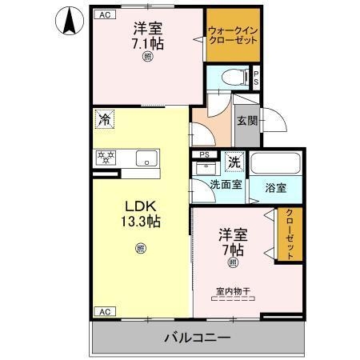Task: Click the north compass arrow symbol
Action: tap(70, 20)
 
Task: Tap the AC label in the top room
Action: tap(104, 14)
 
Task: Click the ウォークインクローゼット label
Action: tap(233, 34)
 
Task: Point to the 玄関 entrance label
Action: tap(246, 121)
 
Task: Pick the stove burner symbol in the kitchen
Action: tap(105, 157)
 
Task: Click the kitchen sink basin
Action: tap(146, 158)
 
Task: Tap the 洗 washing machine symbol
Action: tap(234, 162)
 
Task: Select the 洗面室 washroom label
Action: tap(225, 185)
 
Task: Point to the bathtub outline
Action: tap(274, 163)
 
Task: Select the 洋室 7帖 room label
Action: tap(234, 241)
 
